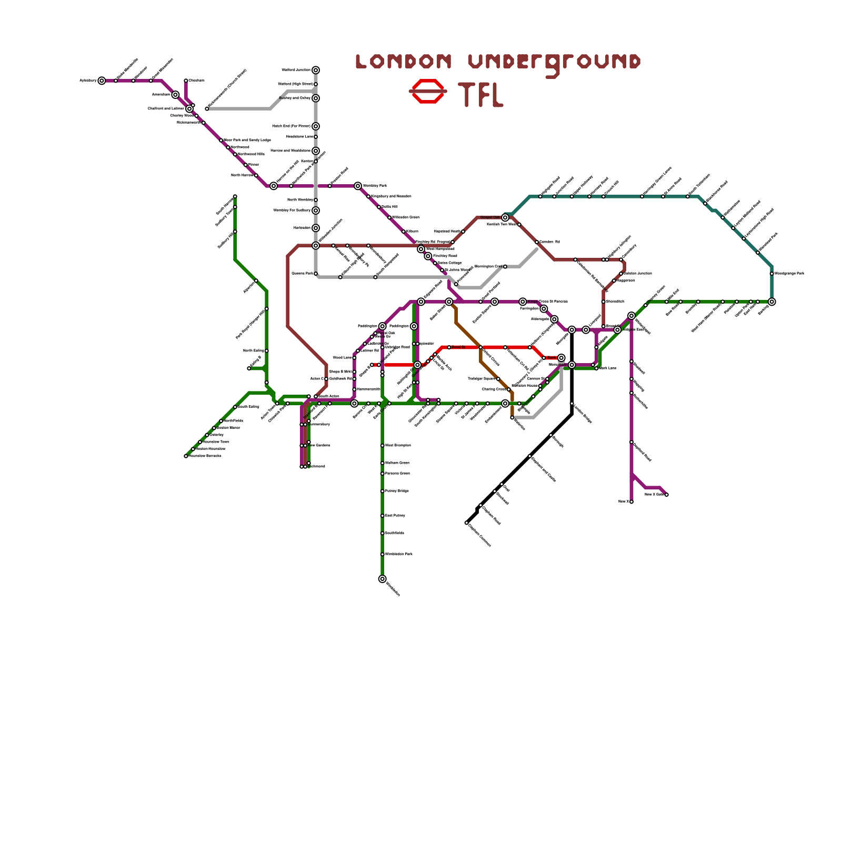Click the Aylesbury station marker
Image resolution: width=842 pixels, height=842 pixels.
tap(102, 81)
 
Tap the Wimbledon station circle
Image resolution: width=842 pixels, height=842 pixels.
tap(382, 579)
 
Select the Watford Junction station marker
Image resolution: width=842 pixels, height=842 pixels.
tap(315, 70)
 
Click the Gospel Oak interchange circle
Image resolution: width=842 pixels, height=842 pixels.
tap(505, 217)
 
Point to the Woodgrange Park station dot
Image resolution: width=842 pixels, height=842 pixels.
tap(771, 274)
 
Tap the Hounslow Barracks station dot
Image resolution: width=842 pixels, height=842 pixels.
tap(186, 456)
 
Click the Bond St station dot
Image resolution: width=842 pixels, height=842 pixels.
tap(449, 347)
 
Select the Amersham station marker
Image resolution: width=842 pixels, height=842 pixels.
tap(175, 95)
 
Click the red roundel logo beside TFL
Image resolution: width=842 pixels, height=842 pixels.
tap(428, 91)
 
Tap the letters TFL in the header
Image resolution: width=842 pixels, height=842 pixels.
tap(480, 95)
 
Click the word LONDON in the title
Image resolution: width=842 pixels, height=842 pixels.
tap(404, 62)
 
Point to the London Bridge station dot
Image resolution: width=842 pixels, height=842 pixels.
tap(572, 404)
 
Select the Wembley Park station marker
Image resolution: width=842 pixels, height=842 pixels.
tap(358, 186)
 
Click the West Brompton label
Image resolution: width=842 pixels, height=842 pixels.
tap(398, 446)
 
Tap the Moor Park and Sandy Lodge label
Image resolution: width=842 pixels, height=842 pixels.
tap(247, 140)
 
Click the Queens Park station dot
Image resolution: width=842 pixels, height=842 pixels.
tap(316, 274)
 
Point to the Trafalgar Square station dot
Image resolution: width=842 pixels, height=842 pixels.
tap(498, 379)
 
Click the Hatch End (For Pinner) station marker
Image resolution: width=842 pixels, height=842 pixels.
tap(315, 126)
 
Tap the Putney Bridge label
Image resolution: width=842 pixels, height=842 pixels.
tap(397, 491)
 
